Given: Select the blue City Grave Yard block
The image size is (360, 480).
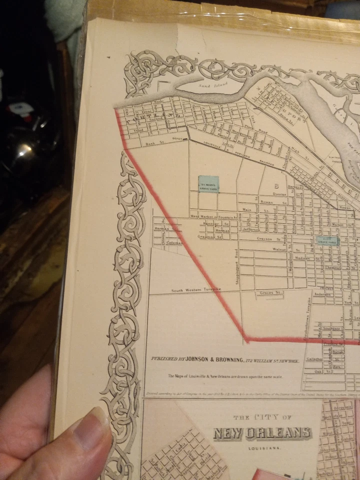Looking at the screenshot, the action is (329, 240).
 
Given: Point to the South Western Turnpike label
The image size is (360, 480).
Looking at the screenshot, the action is (195, 290).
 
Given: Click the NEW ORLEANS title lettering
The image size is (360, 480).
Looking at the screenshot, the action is (262, 432).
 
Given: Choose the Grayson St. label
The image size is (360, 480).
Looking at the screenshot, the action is (265, 238).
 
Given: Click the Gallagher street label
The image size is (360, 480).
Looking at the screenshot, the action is (314, 359).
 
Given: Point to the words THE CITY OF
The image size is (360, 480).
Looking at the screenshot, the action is (261, 416).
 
